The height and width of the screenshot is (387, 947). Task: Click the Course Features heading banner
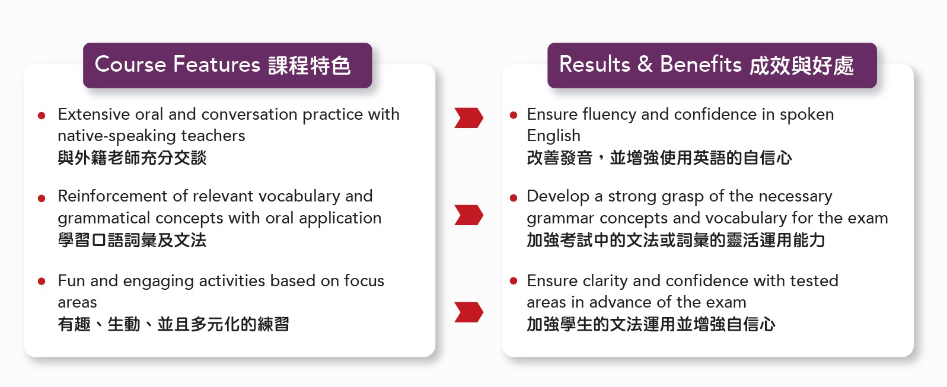coord(228,65)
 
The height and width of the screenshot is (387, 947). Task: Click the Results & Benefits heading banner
coord(712,65)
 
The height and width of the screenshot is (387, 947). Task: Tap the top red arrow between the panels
coord(468,117)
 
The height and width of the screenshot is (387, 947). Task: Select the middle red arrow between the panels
coord(468,215)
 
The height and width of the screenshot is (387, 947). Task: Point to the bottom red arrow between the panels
coord(468,312)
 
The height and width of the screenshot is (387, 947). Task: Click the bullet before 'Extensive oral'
coord(42,116)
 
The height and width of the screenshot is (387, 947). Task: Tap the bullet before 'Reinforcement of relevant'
coord(42,198)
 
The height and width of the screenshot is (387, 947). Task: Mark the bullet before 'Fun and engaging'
coord(42,282)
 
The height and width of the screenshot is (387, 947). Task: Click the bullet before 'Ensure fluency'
coord(514,116)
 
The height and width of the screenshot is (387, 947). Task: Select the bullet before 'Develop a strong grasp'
coord(514,198)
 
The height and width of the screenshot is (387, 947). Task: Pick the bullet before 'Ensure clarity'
coord(514,282)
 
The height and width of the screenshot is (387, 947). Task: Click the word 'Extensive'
coord(94,114)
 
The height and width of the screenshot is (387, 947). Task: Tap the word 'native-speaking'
coord(117,136)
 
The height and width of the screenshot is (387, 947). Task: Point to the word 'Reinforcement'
coord(112,196)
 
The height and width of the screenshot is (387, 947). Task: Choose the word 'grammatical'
coord(104,219)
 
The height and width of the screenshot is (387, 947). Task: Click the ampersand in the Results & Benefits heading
coord(645,64)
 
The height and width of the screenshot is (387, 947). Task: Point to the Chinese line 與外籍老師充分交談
coord(132,158)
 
